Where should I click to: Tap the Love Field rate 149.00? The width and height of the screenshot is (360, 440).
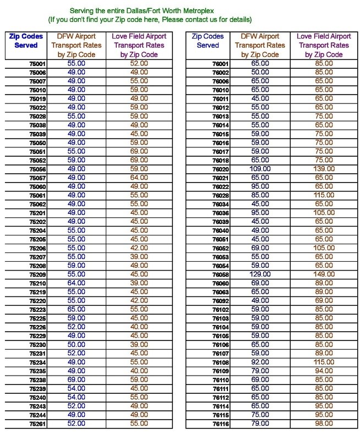pos(324,274)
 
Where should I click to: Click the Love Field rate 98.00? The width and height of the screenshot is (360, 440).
pos(324,424)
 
